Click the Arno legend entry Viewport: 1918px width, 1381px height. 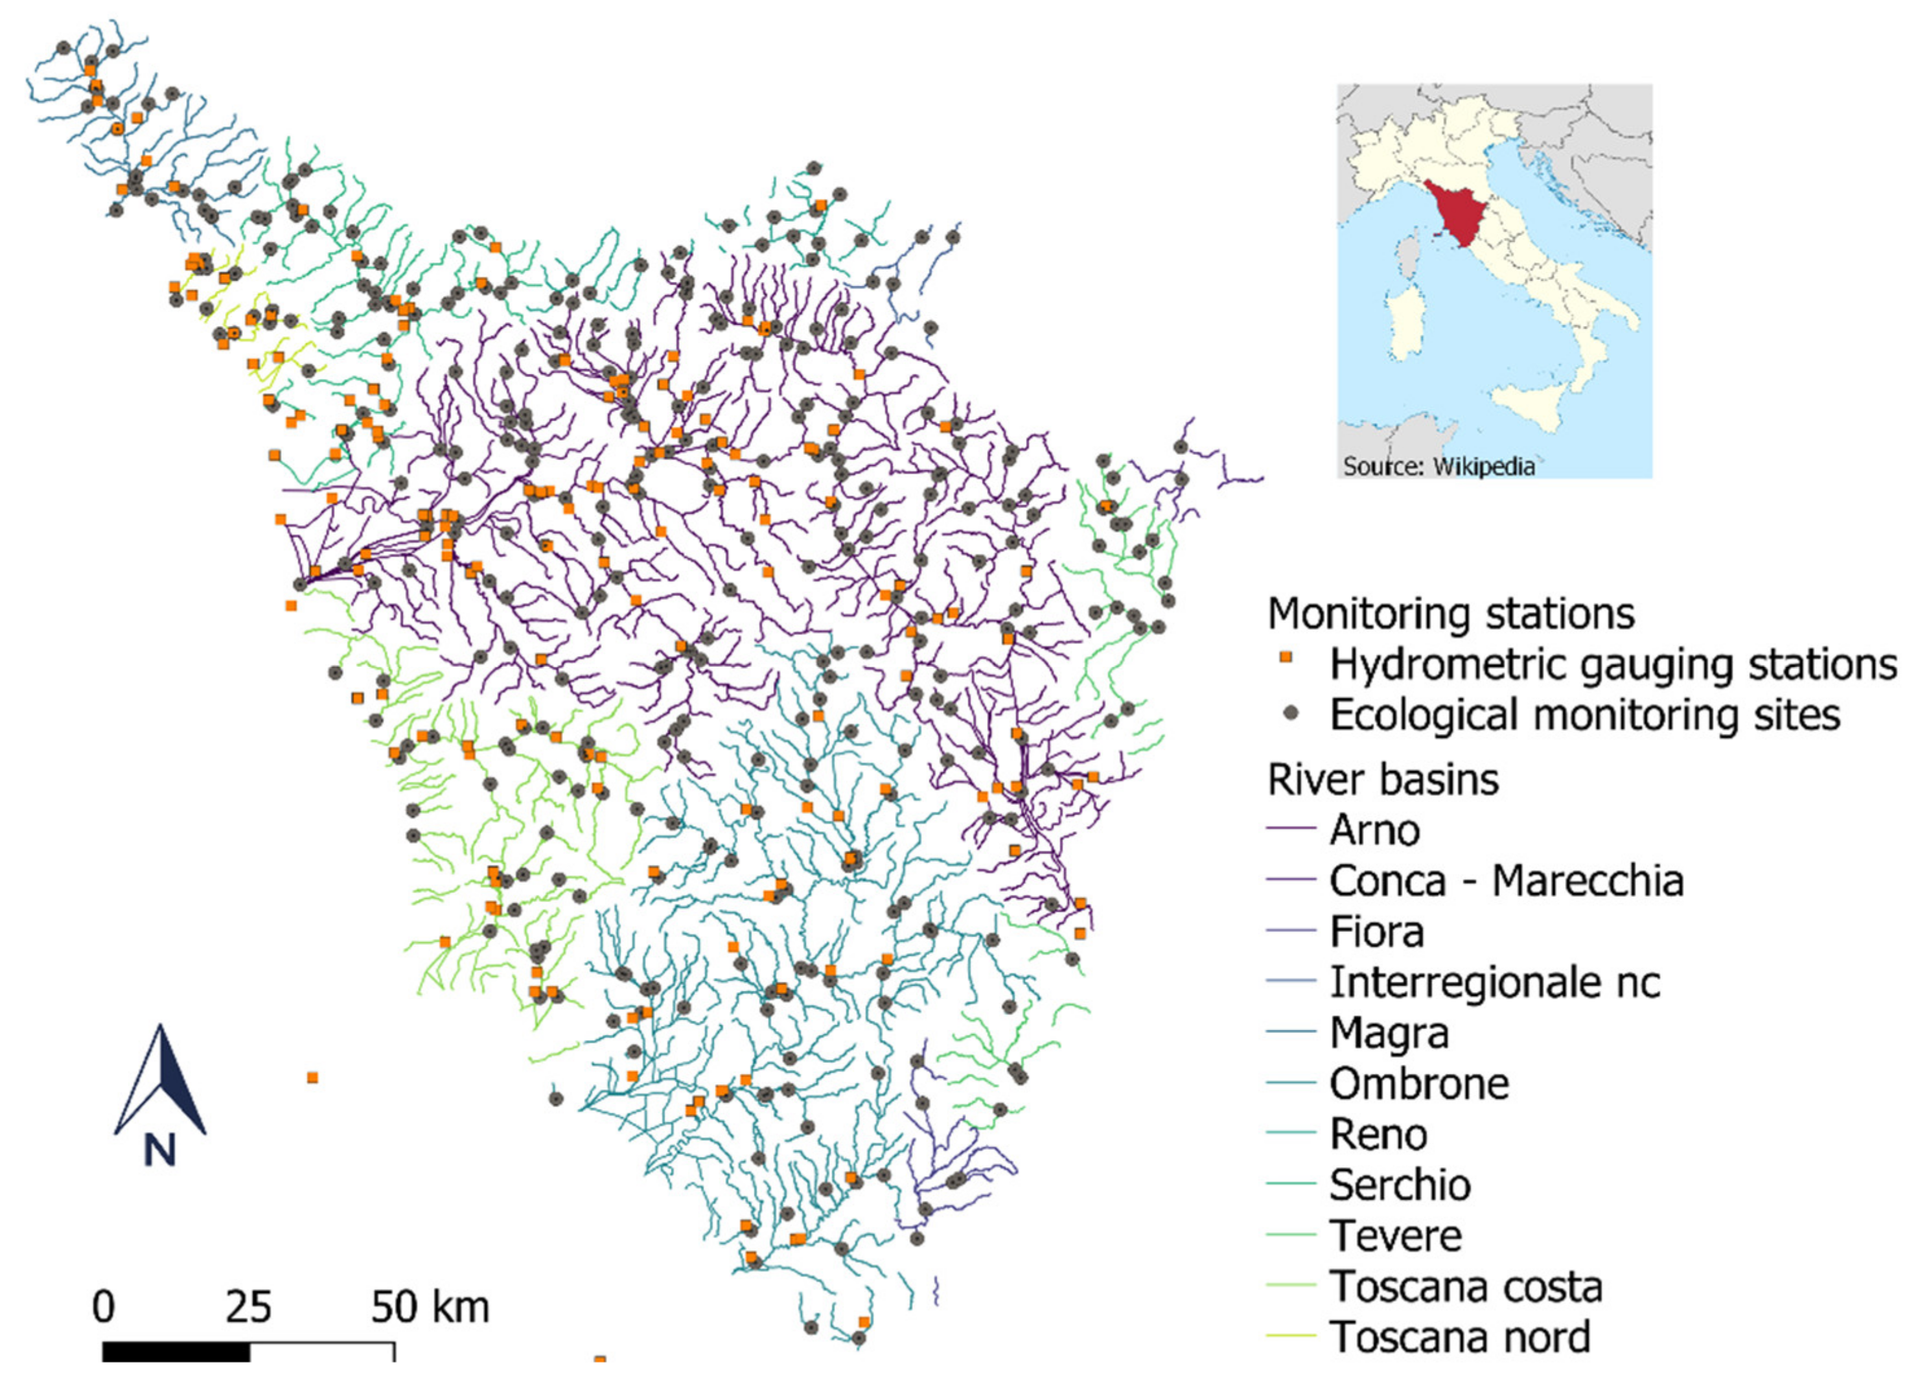tap(1374, 830)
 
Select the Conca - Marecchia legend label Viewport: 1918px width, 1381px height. tap(1505, 881)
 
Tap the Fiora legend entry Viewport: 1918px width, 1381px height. tap(1377, 932)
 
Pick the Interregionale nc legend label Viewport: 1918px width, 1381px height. tap(1494, 982)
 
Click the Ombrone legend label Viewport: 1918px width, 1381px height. tap(1418, 1084)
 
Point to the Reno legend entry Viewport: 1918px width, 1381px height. tap(1378, 1135)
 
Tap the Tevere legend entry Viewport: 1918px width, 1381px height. tap(1395, 1236)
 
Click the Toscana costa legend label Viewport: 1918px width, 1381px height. tap(1466, 1287)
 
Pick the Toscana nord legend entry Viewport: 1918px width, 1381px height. tap(1460, 1338)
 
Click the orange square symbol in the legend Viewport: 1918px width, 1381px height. tap(1286, 657)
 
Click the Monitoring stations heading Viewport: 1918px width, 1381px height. tap(1450, 614)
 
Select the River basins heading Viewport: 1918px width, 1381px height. tap(1383, 780)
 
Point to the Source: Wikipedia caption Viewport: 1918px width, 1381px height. tap(1438, 466)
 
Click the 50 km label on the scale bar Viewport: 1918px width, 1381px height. tap(430, 1307)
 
